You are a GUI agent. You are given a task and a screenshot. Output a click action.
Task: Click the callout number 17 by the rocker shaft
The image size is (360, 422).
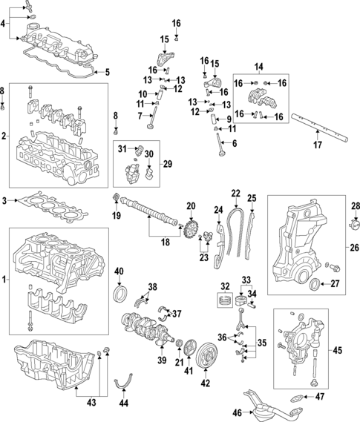pos(317,145)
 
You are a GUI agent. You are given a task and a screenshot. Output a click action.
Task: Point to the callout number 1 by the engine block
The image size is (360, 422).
pos(6,280)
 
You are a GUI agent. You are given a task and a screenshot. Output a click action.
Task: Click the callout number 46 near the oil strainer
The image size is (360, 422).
pos(238,412)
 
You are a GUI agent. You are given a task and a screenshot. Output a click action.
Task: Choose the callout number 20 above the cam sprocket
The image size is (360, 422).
pos(190,205)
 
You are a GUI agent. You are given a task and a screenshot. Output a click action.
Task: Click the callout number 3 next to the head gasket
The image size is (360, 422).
pos(6,201)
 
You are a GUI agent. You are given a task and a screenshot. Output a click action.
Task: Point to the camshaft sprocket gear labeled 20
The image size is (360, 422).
pos(191,226)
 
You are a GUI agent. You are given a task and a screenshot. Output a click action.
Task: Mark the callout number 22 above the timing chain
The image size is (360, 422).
pos(236,194)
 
